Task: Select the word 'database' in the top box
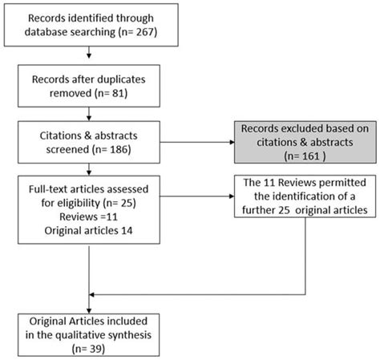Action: pos(57,34)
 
